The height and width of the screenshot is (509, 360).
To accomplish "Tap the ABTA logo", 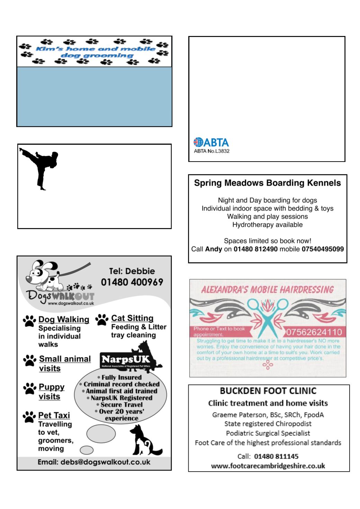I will point(211,142).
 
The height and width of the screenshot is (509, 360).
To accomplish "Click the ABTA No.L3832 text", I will point(211,151).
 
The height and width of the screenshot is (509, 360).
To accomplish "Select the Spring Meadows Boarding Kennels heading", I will point(267,183).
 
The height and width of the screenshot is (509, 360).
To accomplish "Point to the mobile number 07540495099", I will point(323,249).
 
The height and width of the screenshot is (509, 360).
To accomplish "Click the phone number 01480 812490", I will point(255,249).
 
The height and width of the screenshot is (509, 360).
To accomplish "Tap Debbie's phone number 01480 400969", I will point(132,282).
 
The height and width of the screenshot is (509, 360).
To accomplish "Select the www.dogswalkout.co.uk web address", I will point(71,303).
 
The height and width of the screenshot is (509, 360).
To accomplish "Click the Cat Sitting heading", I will point(132,318).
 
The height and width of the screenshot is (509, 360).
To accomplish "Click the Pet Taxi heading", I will point(54,415).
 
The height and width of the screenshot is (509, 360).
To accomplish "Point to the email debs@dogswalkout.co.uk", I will point(94,462).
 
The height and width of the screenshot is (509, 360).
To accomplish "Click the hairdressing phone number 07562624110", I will point(314,333).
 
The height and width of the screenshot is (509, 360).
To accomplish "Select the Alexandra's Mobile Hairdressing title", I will point(267,290).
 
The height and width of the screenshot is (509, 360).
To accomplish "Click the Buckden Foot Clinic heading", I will point(268,391).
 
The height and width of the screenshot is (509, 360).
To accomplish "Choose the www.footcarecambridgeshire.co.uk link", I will point(268,466).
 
